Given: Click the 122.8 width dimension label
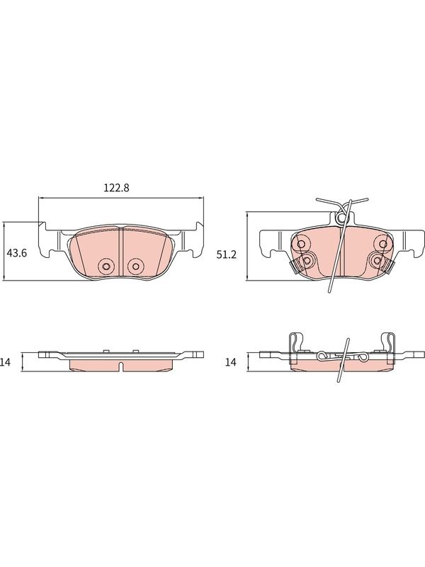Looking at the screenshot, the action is pyautogui.click(x=117, y=188).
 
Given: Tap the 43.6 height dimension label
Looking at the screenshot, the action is pyautogui.click(x=17, y=253).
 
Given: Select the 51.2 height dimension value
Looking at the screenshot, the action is pyautogui.click(x=227, y=254).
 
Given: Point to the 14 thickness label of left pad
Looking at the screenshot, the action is pyautogui.click(x=6, y=362).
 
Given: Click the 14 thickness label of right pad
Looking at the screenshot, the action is pyautogui.click(x=231, y=362).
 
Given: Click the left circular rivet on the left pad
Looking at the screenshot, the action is pyautogui.click(x=106, y=266).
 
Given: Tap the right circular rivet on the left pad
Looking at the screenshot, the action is pyautogui.click(x=135, y=266).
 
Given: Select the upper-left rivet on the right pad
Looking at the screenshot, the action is pyautogui.click(x=300, y=244).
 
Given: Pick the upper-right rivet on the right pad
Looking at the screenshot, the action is pyautogui.click(x=383, y=244).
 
